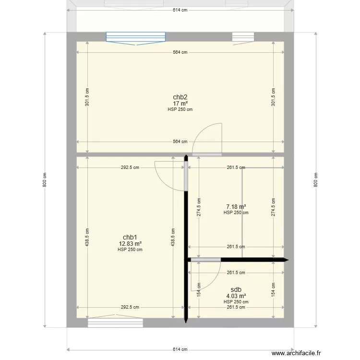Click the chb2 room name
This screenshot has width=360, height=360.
click(x=180, y=97)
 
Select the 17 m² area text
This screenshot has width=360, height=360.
click(x=180, y=103)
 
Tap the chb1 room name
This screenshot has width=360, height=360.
click(x=130, y=238)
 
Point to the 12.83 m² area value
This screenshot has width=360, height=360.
click(x=130, y=244)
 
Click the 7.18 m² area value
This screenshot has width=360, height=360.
click(x=236, y=207)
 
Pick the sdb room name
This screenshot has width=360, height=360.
click(x=236, y=290)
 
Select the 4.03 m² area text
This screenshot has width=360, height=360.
click(x=236, y=296)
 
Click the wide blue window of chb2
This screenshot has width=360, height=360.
click(x=135, y=37)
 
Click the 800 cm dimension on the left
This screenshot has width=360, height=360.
click(x=45, y=180)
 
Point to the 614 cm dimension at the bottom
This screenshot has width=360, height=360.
click(x=180, y=349)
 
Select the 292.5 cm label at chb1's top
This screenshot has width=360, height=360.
click(x=130, y=168)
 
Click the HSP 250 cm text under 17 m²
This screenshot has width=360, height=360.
click(x=180, y=109)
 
